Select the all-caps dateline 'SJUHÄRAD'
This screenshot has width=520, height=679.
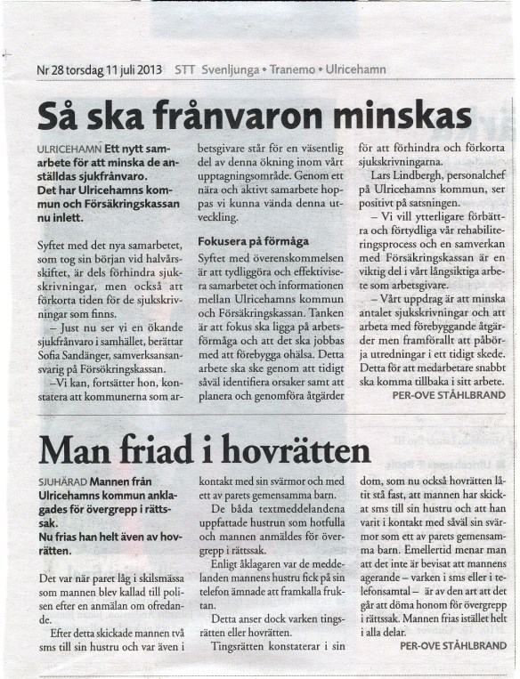click(x=60, y=486)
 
